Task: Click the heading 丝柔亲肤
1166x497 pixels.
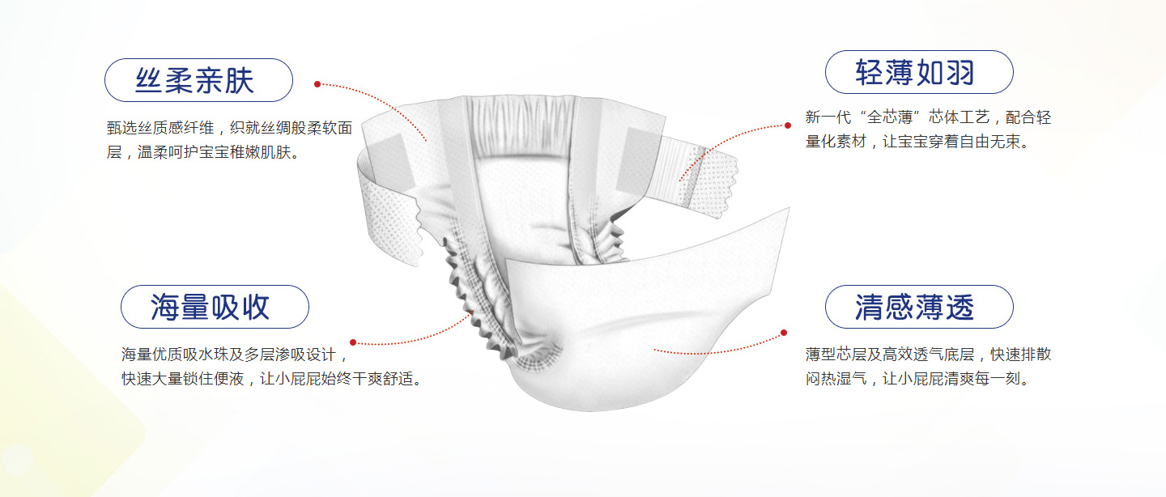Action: (x=198, y=80)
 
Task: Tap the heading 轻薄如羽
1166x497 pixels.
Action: (x=918, y=72)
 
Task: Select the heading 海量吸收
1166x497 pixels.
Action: (x=214, y=307)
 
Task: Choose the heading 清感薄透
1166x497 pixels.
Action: (x=918, y=307)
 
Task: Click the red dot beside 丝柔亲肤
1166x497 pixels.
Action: (x=317, y=83)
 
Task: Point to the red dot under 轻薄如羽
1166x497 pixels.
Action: (x=787, y=125)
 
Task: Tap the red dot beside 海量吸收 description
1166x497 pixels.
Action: (x=353, y=342)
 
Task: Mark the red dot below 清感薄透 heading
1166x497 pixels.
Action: (x=784, y=332)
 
